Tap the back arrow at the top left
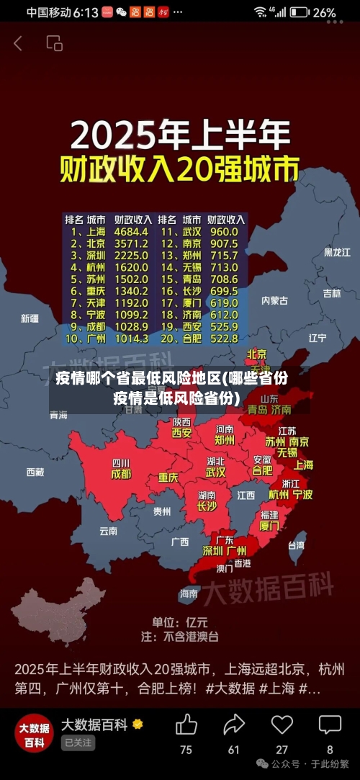pos(18,43)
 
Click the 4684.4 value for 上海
pos(131,232)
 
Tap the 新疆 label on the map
pos(30,318)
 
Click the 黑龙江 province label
pos(336,252)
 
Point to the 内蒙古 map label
pos(274,300)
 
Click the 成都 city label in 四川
pos(121,474)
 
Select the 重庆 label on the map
pos(168,477)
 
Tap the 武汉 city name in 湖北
pos(215,472)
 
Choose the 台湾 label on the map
pos(296,545)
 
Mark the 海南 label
pos(189,593)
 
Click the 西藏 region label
pos(35,472)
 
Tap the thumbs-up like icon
pos(186,724)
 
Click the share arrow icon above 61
pos(234,724)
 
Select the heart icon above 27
pos(282,724)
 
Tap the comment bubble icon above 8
pos(330,724)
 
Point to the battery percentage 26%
pos(324,12)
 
